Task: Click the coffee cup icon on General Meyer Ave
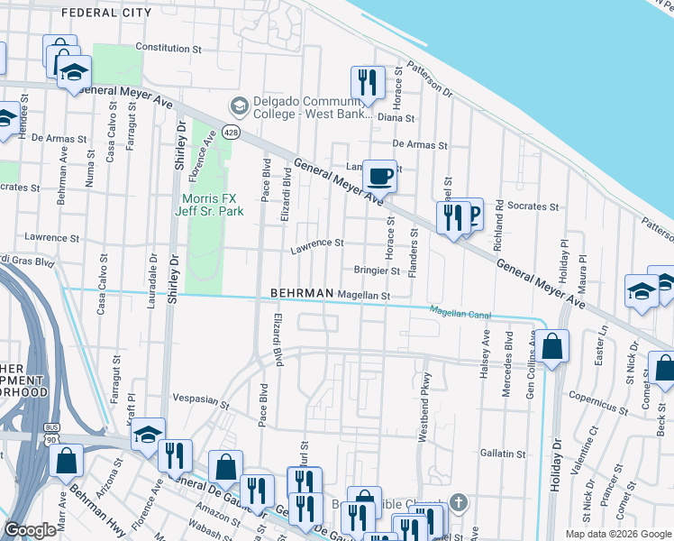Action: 379,175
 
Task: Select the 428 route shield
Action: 232,133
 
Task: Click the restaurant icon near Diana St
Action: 367,82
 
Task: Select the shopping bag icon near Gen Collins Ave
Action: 555,346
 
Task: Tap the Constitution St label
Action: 168,47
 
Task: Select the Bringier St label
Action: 376,270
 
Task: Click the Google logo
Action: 31,530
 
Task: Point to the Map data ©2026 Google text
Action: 617,534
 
